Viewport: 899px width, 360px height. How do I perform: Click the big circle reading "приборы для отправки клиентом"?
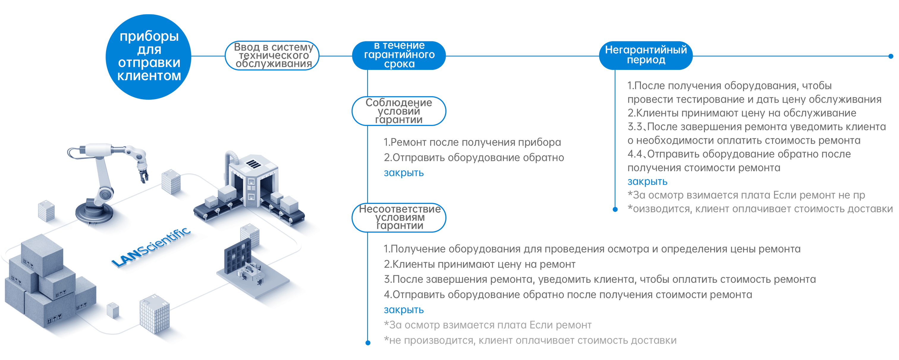coord(149,56)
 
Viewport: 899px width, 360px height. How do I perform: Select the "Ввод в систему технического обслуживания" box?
coord(272,56)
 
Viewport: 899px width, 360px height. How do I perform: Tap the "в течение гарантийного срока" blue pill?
coord(399,56)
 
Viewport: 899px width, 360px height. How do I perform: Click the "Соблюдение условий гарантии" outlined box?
coord(399,111)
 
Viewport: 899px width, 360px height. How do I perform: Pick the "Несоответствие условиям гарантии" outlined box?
coord(399,218)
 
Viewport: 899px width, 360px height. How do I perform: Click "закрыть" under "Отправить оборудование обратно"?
coord(403,173)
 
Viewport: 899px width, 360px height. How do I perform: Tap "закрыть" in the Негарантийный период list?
coord(647,182)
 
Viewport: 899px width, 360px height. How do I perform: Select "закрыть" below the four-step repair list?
coord(403,310)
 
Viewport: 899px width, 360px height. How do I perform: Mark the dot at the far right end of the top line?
coord(891,56)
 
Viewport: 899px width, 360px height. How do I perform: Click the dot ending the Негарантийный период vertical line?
coord(615,209)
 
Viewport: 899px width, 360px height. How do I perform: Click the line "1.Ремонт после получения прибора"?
coord(472,142)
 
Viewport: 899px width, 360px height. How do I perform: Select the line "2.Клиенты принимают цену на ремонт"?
coord(480,264)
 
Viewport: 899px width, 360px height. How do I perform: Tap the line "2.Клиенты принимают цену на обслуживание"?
coord(742,113)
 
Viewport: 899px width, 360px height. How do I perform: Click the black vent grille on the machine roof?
coord(253,163)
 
